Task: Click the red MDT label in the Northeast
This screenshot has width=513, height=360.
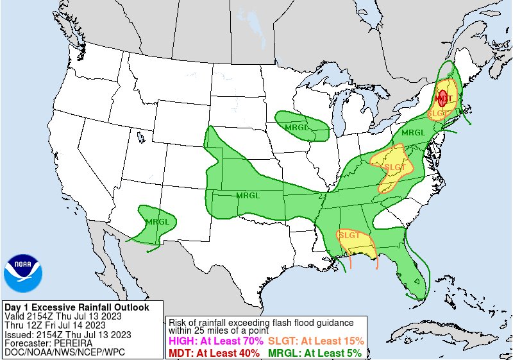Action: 444,98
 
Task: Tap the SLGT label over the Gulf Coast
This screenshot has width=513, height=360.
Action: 349,235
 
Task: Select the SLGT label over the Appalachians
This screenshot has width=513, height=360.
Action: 394,167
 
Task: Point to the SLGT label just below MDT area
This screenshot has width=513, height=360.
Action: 438,113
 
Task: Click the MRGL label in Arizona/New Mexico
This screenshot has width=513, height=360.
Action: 157,221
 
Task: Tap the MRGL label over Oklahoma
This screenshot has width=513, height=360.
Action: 248,195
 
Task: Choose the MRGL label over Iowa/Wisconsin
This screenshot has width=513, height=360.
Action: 296,126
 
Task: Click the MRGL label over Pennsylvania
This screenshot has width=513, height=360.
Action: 413,132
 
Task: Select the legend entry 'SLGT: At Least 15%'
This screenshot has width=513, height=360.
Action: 316,341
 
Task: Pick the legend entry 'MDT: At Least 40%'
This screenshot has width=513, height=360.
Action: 214,352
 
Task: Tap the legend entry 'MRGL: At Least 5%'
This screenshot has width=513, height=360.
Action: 314,352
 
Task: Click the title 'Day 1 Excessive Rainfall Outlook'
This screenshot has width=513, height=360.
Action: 76,307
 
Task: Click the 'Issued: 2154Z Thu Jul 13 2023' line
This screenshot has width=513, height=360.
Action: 67,334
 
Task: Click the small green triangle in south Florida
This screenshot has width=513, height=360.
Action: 417,280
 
